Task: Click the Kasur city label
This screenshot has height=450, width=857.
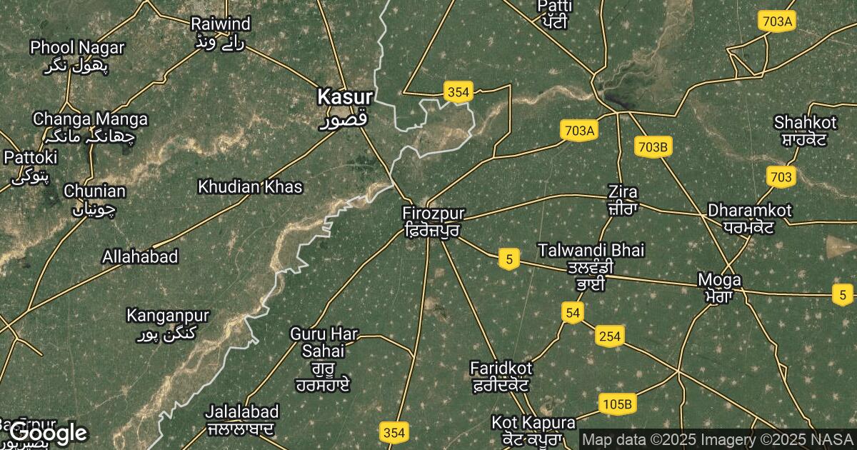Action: (x=345, y=96)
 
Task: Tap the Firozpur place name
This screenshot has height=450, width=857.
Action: (x=433, y=214)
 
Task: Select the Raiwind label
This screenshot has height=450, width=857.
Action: (x=221, y=24)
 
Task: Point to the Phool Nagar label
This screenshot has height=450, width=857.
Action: (x=77, y=48)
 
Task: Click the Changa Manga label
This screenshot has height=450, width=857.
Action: (x=90, y=119)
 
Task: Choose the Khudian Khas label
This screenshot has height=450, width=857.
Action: (x=250, y=187)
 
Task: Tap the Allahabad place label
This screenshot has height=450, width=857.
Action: (x=140, y=256)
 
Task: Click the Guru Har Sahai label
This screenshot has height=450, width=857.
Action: (x=324, y=342)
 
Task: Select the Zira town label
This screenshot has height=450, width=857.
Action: (x=622, y=191)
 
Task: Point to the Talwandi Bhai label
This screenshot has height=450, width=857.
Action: (x=591, y=250)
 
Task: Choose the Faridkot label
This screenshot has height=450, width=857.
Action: (x=501, y=368)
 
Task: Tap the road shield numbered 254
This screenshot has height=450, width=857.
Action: (x=610, y=336)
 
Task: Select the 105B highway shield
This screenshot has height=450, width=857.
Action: (x=617, y=404)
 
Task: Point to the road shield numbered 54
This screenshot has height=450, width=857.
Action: (x=572, y=312)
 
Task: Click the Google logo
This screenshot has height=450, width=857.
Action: (x=48, y=432)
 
